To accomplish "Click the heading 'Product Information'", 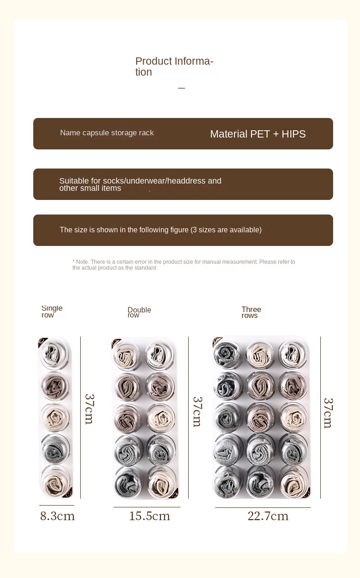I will pyautogui.click(x=174, y=66).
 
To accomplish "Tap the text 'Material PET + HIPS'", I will pyautogui.click(x=257, y=134).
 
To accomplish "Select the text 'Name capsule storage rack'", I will pyautogui.click(x=107, y=133).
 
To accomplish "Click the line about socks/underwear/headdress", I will pyautogui.click(x=140, y=184).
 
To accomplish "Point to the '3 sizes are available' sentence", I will pyautogui.click(x=160, y=230).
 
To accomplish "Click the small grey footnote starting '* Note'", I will pyautogui.click(x=184, y=265).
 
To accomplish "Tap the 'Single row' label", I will pyautogui.click(x=51, y=312).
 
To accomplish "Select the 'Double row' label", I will pyautogui.click(x=139, y=312).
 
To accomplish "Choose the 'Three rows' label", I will pyautogui.click(x=251, y=312).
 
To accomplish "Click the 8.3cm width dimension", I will pyautogui.click(x=57, y=516).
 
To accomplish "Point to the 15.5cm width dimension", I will pyautogui.click(x=149, y=516).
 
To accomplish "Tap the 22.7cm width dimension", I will pyautogui.click(x=268, y=516).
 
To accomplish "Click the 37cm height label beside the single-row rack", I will pyautogui.click(x=89, y=409).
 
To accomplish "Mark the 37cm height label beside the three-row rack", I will pyautogui.click(x=328, y=413).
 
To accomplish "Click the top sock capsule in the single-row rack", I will pyautogui.click(x=55, y=354).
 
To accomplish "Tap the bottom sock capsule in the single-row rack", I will pyautogui.click(x=55, y=481).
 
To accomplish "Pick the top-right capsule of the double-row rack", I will pyautogui.click(x=160, y=354).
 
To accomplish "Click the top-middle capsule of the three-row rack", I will pyautogui.click(x=259, y=354).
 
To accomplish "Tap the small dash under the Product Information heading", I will pyautogui.click(x=181, y=88).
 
